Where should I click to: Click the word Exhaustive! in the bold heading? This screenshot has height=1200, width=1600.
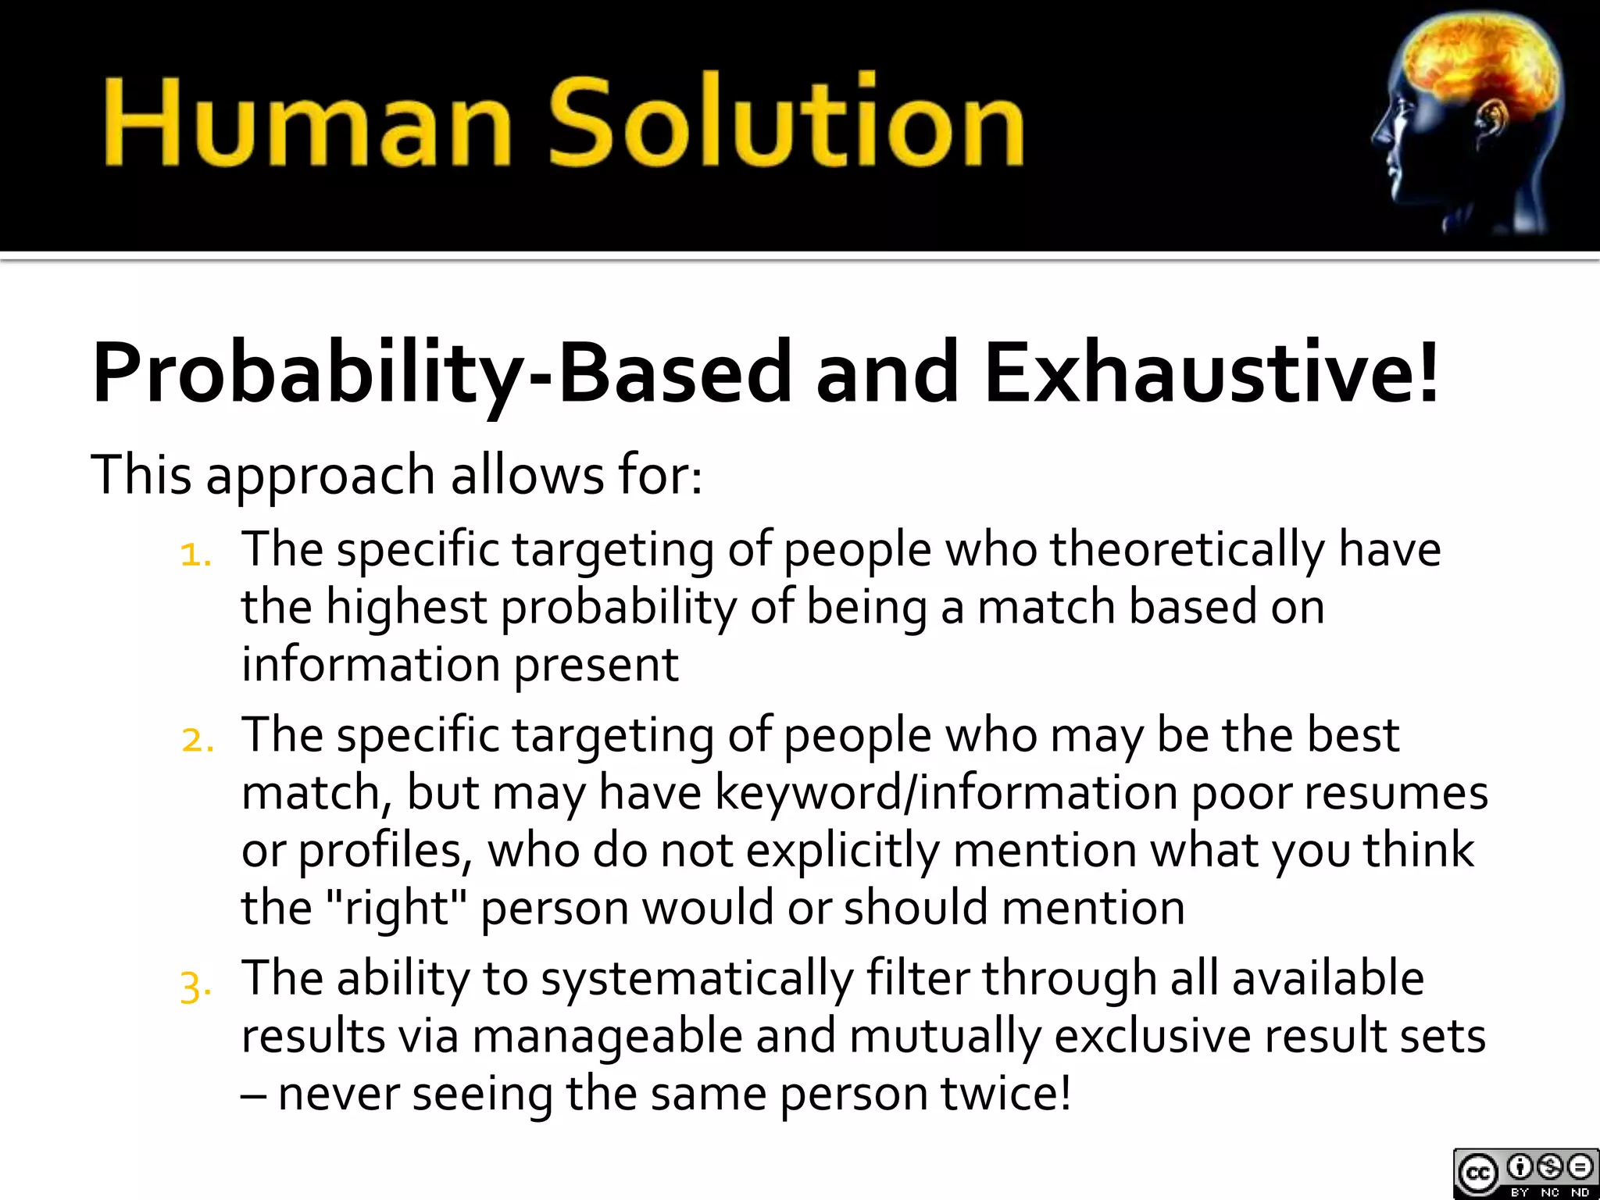pos(1211,373)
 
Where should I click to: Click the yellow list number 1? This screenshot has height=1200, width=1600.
pos(195,555)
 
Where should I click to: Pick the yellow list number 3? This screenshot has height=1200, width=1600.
pos(195,986)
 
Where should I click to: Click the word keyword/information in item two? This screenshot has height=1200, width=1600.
pos(945,794)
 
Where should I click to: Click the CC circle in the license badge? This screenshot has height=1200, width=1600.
pos(1477,1173)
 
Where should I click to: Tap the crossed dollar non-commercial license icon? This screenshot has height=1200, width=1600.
pos(1550,1168)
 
